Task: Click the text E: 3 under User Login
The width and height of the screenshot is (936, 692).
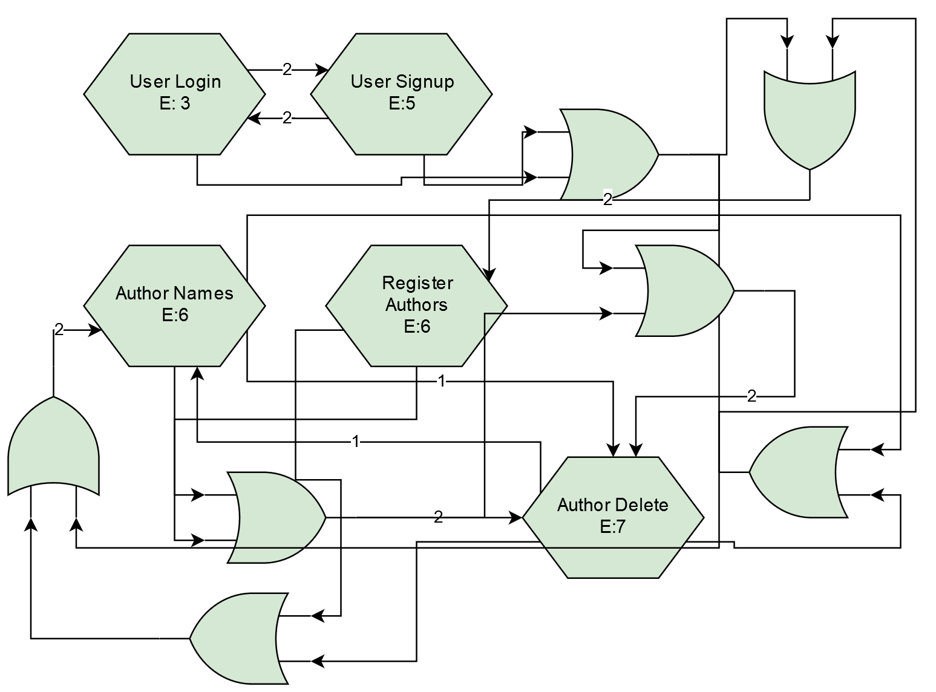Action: pyautogui.click(x=175, y=104)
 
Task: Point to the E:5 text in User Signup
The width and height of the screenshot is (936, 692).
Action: pyautogui.click(x=402, y=104)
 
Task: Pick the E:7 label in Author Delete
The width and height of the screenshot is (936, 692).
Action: pyautogui.click(x=613, y=527)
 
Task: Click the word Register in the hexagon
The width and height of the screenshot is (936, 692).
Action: pyautogui.click(x=417, y=282)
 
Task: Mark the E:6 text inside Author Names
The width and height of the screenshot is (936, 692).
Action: pyautogui.click(x=175, y=315)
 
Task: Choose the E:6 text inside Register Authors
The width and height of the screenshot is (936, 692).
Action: pyautogui.click(x=417, y=327)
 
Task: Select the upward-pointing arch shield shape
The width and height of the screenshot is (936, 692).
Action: pyautogui.click(x=54, y=448)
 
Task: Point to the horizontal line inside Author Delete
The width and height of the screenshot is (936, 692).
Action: pyautogui.click(x=613, y=548)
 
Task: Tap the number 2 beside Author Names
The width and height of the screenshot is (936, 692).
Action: pyautogui.click(x=59, y=329)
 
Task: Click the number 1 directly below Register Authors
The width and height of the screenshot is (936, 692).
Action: pyautogui.click(x=441, y=380)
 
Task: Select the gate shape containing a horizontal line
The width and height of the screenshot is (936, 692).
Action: pyautogui.click(x=275, y=517)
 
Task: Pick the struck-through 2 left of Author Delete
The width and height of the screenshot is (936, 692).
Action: pyautogui.click(x=438, y=517)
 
